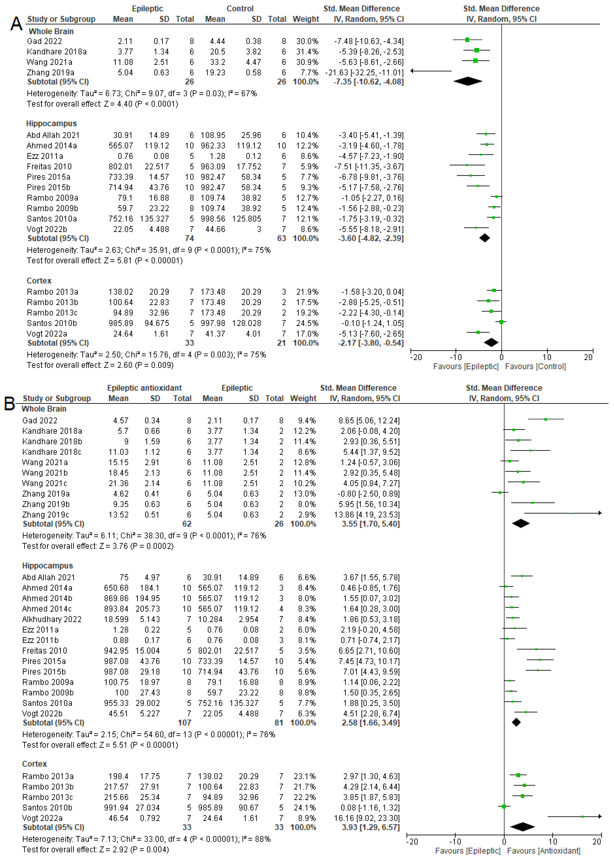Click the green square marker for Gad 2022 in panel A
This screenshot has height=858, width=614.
[467, 40]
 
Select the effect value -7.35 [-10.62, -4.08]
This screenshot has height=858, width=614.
[368, 82]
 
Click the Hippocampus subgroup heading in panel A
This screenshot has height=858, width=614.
[51, 124]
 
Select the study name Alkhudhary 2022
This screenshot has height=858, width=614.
[52, 619]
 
